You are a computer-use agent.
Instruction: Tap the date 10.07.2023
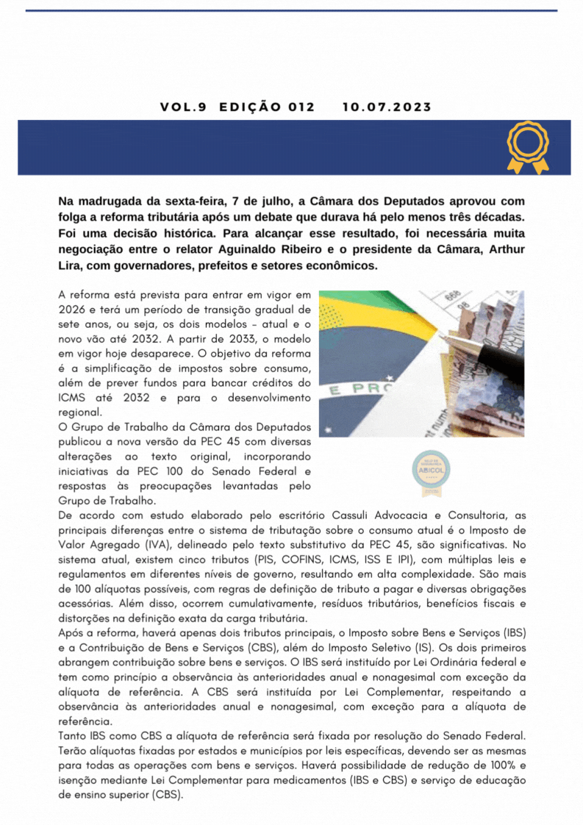pyautogui.click(x=387, y=107)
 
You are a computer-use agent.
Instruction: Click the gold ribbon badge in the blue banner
pyautogui.click(x=528, y=147)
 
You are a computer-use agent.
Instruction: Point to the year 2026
pyautogui.click(x=72, y=310)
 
